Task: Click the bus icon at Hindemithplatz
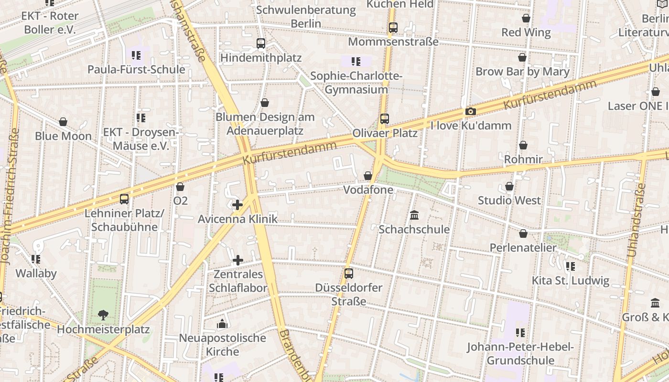click(x=261, y=43)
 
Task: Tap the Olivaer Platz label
click(x=385, y=133)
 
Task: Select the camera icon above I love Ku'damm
click(x=471, y=112)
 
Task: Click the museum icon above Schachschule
click(x=414, y=215)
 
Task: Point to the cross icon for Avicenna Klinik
click(x=237, y=205)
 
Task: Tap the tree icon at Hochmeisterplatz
click(x=103, y=315)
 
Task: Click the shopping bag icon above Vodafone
click(x=368, y=176)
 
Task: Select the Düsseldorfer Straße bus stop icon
click(x=349, y=274)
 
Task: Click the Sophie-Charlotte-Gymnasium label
click(x=356, y=83)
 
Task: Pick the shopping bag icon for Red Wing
click(x=526, y=19)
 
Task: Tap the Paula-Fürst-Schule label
click(x=136, y=70)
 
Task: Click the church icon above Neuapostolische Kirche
click(x=222, y=324)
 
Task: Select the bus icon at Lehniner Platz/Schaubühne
click(x=124, y=199)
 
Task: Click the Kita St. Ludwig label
click(x=571, y=280)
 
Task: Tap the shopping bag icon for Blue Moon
click(x=63, y=122)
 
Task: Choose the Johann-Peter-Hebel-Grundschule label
click(x=520, y=353)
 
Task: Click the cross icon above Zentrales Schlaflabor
click(x=238, y=260)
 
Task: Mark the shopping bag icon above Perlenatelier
click(x=523, y=233)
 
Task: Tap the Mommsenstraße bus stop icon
click(x=393, y=28)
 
